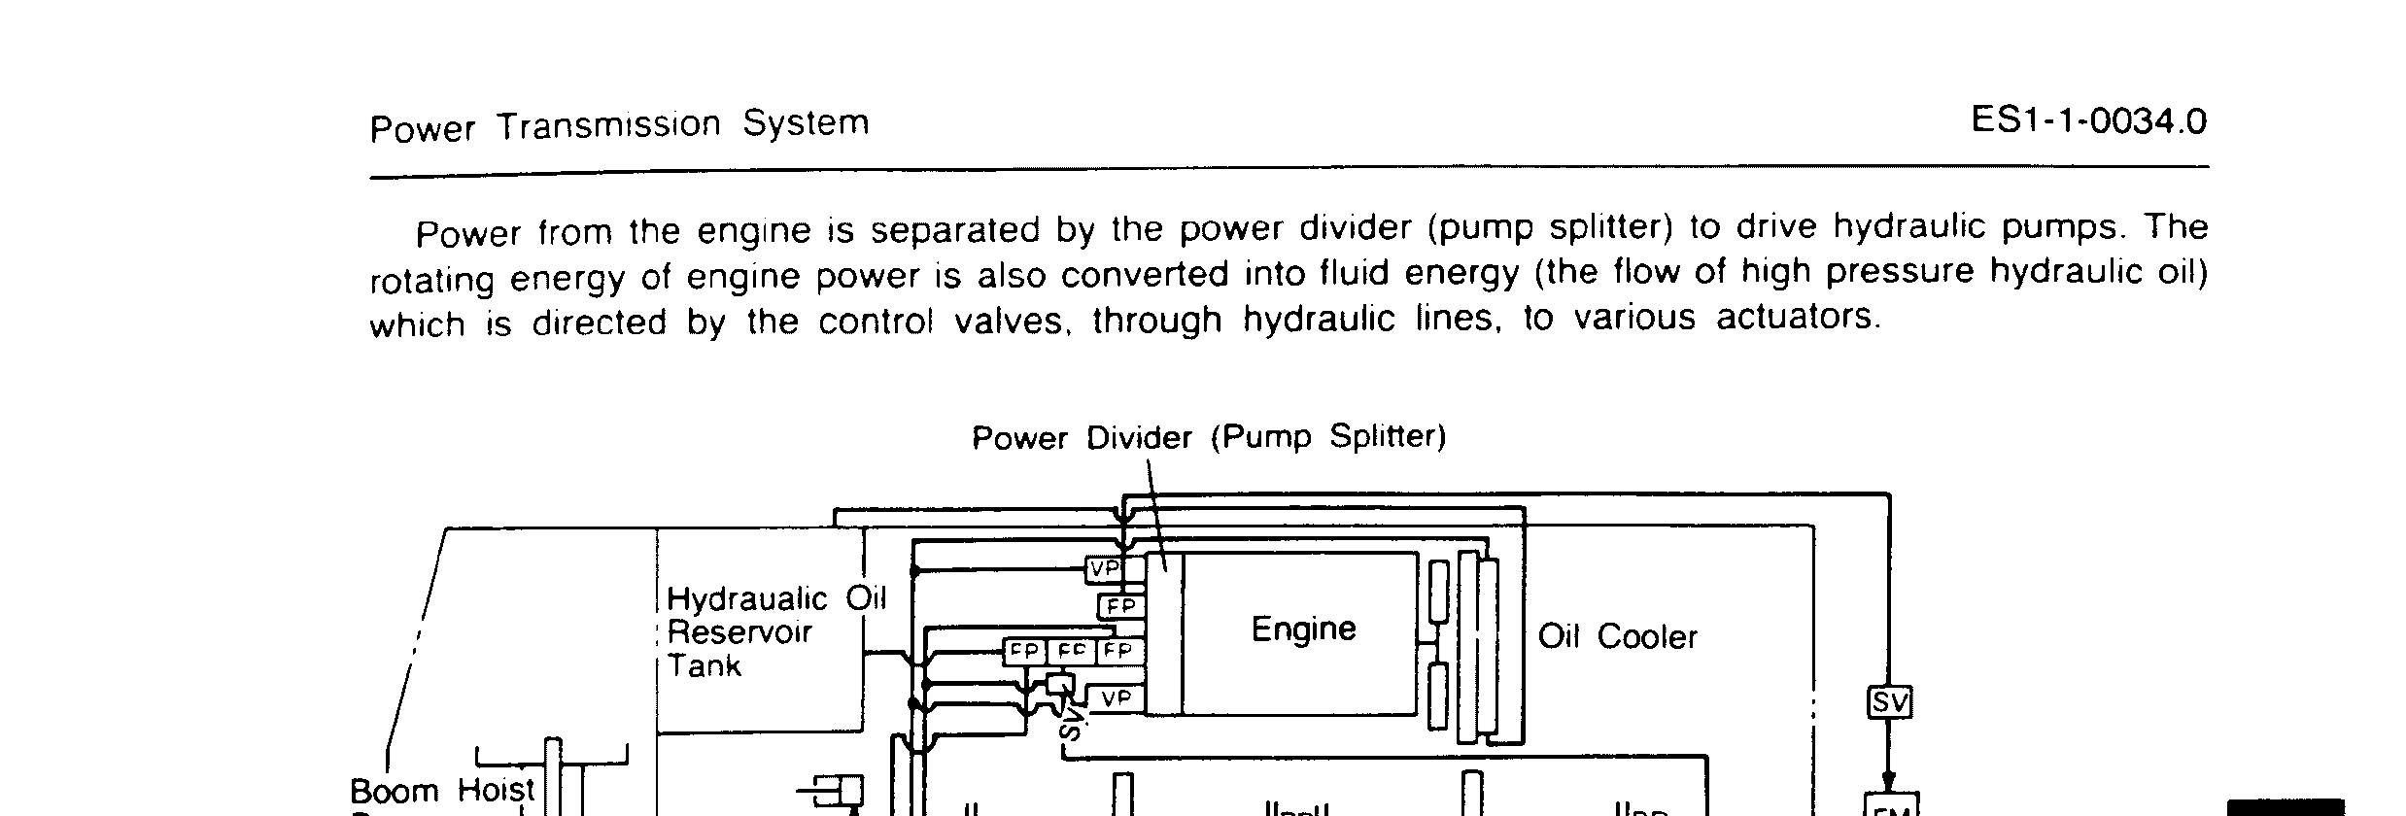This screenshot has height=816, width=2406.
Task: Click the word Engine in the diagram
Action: click(x=1302, y=629)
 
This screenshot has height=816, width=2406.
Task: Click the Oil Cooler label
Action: click(x=1617, y=636)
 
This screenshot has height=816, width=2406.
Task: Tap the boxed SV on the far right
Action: click(x=1889, y=701)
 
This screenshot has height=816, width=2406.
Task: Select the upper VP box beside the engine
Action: click(x=1104, y=568)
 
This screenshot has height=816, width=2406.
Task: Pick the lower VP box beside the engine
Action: click(x=1116, y=697)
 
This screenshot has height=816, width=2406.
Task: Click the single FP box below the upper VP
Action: click(x=1121, y=606)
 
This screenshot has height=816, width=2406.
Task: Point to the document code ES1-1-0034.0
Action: click(x=2089, y=121)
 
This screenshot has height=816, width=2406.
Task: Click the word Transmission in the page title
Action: click(x=609, y=125)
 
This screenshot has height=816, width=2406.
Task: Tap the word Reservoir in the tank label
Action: click(x=739, y=632)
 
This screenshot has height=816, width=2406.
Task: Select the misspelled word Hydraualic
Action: click(x=746, y=598)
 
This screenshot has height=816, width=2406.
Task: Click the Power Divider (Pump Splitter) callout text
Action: click(x=1209, y=436)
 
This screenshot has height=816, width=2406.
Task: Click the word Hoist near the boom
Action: click(x=496, y=790)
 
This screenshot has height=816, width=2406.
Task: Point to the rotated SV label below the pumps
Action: click(x=1071, y=723)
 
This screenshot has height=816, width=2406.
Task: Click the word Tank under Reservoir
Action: click(x=704, y=666)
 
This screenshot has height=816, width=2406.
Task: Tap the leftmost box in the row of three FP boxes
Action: click(x=1024, y=651)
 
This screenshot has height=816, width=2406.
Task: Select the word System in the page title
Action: click(x=806, y=123)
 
